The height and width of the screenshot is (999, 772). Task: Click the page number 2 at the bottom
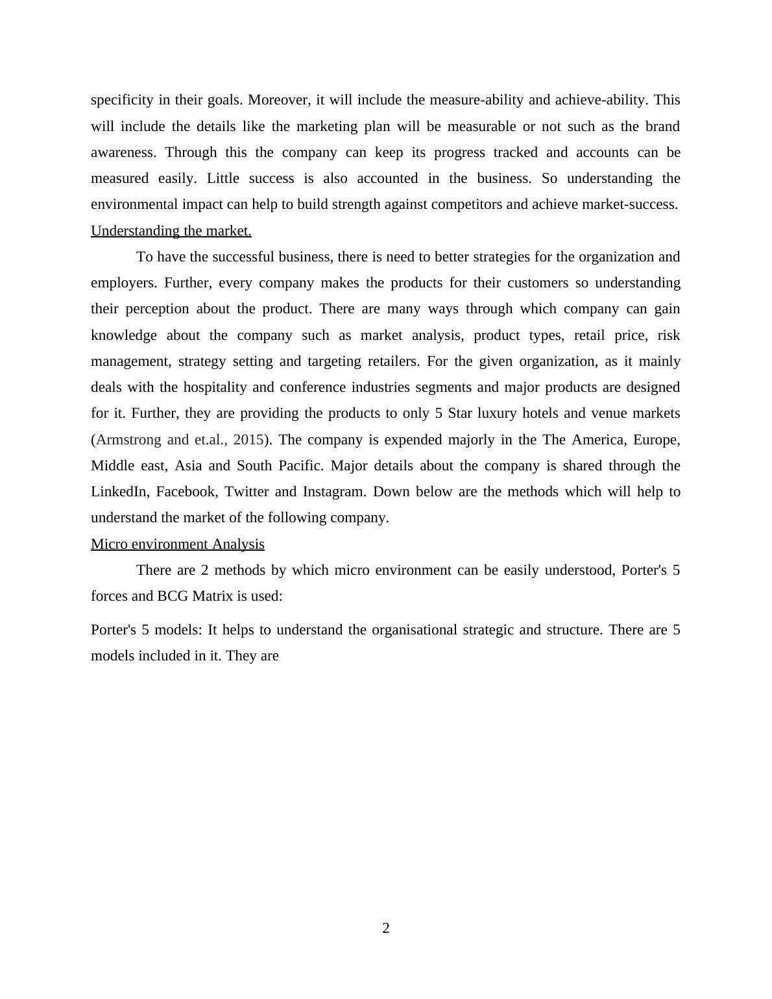(x=386, y=928)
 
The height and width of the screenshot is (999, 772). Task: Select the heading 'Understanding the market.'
(x=171, y=231)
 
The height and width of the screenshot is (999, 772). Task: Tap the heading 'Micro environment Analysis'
(x=177, y=544)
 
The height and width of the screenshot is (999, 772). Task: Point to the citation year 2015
(x=248, y=440)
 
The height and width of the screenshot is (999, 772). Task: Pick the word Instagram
(x=334, y=492)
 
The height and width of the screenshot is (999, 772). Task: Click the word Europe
(x=656, y=440)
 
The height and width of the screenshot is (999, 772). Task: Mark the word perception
(x=156, y=309)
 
